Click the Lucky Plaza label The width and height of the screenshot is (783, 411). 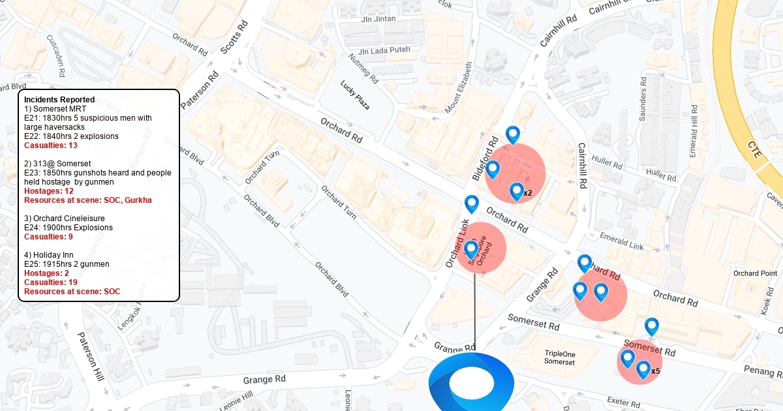coord(355,95)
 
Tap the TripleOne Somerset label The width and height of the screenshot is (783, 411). coord(560,358)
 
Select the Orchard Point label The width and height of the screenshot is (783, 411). coord(755,273)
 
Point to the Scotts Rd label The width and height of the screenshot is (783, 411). coord(234,37)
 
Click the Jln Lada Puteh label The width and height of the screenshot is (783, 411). coord(384,51)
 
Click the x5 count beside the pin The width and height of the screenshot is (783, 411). coord(656,371)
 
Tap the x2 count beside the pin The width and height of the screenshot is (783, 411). coord(528,193)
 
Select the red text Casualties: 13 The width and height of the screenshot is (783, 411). coord(51,145)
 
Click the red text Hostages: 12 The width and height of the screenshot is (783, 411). coord(49,191)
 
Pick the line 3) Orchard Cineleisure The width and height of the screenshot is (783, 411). coord(65,218)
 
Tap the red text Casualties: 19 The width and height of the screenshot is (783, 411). coord(51,282)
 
